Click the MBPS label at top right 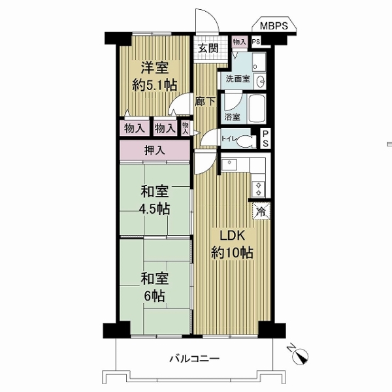(274, 26)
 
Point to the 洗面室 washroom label (238, 78)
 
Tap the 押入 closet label (154, 150)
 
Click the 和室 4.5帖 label (155, 201)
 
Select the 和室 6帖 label (155, 287)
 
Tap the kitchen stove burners (258, 188)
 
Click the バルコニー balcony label (195, 359)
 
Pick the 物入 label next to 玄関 (239, 42)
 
